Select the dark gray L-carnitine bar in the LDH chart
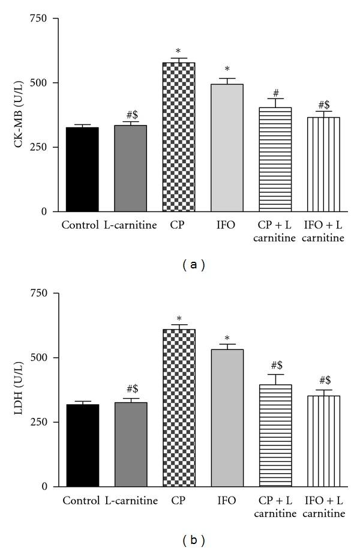point(131,444)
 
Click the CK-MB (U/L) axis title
point(17,115)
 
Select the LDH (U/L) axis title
point(17,390)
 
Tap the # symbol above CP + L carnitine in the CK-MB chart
point(275,93)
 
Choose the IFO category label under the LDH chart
point(227,501)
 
